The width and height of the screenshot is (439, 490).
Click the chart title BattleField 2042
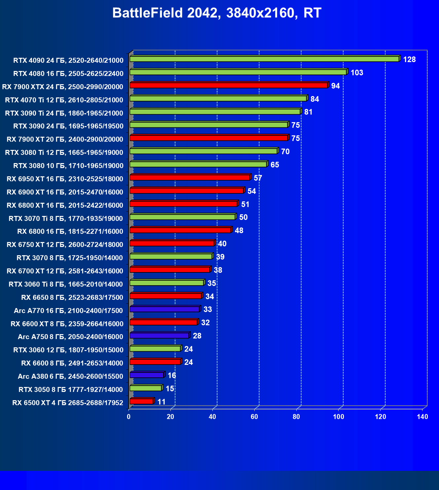[217, 13]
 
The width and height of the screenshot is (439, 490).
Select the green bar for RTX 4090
[264, 59]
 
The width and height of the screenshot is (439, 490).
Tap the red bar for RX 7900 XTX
[229, 86]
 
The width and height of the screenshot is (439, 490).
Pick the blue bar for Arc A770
[165, 309]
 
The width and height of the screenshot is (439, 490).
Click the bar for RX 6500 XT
[141, 402]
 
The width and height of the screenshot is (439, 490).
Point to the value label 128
[409, 59]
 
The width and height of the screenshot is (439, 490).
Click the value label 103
[357, 73]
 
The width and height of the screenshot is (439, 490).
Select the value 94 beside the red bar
[335, 86]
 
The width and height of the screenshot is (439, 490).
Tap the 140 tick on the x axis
[422, 417]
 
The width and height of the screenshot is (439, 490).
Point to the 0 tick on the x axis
[129, 417]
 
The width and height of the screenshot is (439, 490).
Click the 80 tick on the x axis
[296, 417]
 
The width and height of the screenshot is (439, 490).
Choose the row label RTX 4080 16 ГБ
[68, 73]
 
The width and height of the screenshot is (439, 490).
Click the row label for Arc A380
[70, 376]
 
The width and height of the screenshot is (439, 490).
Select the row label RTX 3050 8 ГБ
[71, 390]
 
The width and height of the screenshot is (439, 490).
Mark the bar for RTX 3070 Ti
[182, 217]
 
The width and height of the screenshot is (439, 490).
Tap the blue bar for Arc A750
[159, 336]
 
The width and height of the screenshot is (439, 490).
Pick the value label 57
[258, 178]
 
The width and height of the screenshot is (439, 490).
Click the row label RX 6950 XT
[65, 179]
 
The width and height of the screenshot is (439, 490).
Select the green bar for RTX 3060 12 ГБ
[155, 349]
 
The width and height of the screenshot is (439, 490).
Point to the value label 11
[161, 402]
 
